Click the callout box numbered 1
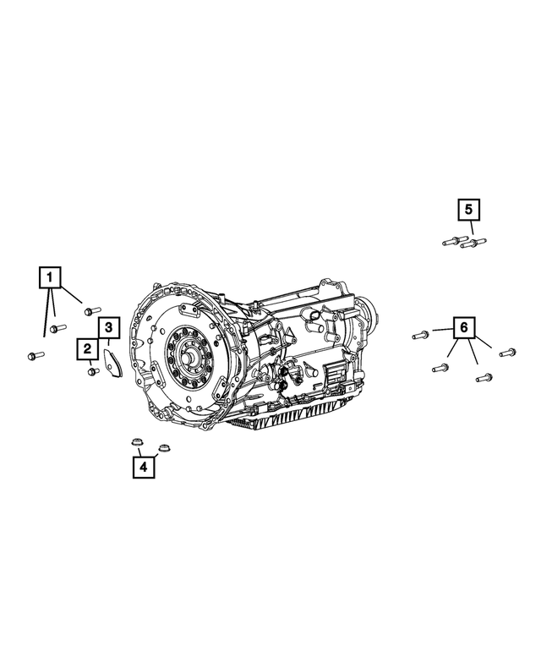click(x=50, y=276)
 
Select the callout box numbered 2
click(x=87, y=348)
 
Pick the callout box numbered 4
click(x=143, y=466)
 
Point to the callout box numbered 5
click(x=469, y=209)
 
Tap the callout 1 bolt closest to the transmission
click(x=91, y=311)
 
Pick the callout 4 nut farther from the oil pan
click(x=134, y=443)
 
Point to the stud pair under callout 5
click(x=460, y=242)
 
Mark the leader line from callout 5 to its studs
click(x=472, y=227)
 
